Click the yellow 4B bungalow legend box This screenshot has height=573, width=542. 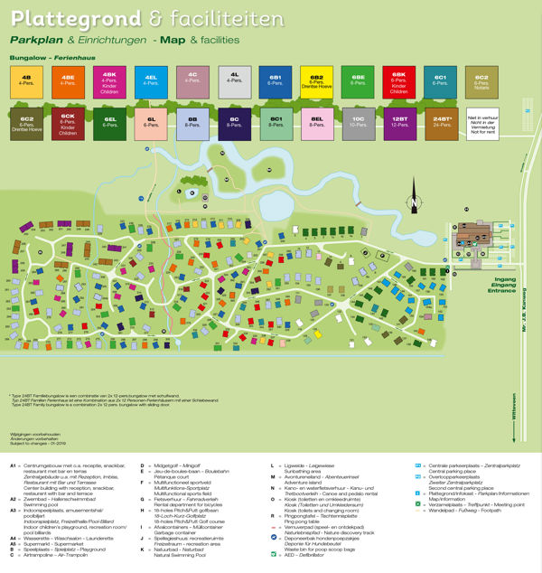27,82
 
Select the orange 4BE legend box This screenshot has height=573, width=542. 69,82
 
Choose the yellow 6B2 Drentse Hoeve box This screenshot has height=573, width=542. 317,82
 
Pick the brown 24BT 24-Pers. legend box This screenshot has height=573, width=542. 443,122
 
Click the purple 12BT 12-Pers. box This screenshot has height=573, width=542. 401,122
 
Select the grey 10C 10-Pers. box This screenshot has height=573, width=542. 359,122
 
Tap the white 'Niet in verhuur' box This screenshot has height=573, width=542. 482,122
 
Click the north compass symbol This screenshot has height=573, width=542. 415,201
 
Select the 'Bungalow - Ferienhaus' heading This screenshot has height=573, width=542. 45,56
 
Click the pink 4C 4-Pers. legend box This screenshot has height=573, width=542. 193,82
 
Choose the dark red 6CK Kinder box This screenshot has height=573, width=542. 69,122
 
